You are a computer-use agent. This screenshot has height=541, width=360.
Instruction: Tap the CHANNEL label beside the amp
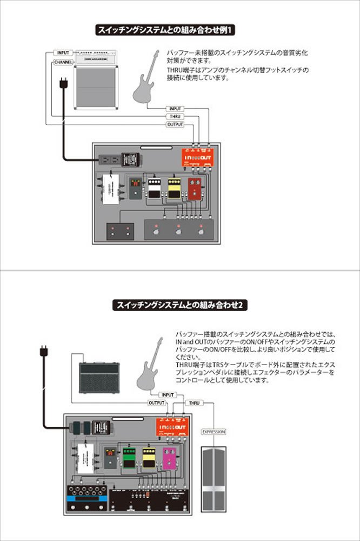(x=63, y=63)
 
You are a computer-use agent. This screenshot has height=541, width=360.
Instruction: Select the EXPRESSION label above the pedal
(x=213, y=432)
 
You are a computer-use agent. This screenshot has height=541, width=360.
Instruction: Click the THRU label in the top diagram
(x=175, y=116)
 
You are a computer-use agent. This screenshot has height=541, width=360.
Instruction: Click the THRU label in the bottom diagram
(x=194, y=403)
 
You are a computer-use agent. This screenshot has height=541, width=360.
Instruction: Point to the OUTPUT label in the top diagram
(x=175, y=124)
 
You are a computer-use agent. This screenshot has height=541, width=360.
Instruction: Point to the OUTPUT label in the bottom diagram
(x=157, y=403)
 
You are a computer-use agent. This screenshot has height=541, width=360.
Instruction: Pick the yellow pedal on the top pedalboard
(x=174, y=188)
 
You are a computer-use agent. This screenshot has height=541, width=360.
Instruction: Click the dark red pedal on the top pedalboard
(x=194, y=190)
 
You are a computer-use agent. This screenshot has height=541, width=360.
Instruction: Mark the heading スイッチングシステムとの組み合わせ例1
(x=166, y=29)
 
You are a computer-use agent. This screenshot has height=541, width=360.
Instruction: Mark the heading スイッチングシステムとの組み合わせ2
(x=180, y=305)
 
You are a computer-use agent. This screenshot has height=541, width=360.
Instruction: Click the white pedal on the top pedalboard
(x=155, y=188)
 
